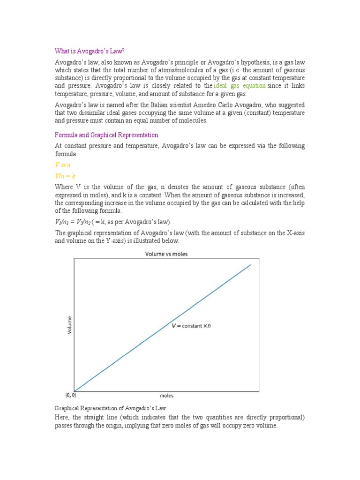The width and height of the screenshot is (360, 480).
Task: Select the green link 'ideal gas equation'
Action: pyautogui.click(x=240, y=86)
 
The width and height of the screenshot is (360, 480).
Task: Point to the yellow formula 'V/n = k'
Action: pyautogui.click(x=65, y=176)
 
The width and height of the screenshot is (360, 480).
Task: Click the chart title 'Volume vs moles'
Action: pyautogui.click(x=166, y=254)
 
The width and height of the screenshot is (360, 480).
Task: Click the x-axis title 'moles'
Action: pyautogui.click(x=166, y=396)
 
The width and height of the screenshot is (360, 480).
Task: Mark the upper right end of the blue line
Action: pyautogui.click(x=250, y=265)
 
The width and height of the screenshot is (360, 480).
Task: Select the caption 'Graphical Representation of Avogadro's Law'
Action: pyautogui.click(x=111, y=408)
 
